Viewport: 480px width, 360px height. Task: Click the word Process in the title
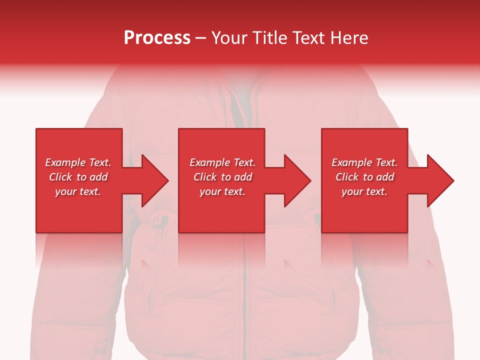[x=157, y=38]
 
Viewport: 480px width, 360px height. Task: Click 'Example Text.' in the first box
[x=78, y=162]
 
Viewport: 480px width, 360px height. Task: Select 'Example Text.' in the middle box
[x=222, y=162]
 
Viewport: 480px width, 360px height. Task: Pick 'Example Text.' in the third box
[x=364, y=162]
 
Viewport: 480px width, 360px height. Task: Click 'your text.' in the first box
[x=78, y=191]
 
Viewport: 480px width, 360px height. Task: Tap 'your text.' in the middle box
[x=222, y=191]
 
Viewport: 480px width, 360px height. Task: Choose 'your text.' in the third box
[x=364, y=191]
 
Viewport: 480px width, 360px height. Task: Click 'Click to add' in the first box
[x=78, y=177]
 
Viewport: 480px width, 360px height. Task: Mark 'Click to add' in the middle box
[x=222, y=177]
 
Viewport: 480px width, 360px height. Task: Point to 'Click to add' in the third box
[x=364, y=177]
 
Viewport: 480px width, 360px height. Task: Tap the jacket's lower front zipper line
[x=245, y=300]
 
